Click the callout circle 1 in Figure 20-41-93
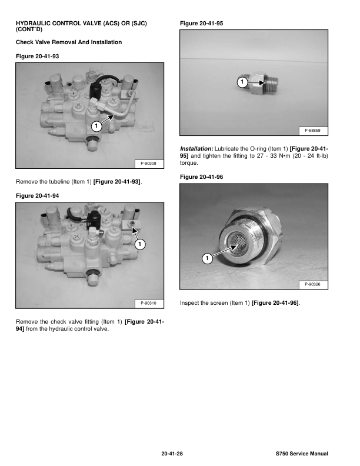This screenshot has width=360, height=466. point(96,125)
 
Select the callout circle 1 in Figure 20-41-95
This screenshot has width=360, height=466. point(241,81)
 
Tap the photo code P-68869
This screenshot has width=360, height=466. point(316,129)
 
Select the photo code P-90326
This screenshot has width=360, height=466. point(316,285)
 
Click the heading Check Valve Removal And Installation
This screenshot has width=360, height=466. point(69,42)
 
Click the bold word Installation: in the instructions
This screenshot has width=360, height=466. point(196,149)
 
